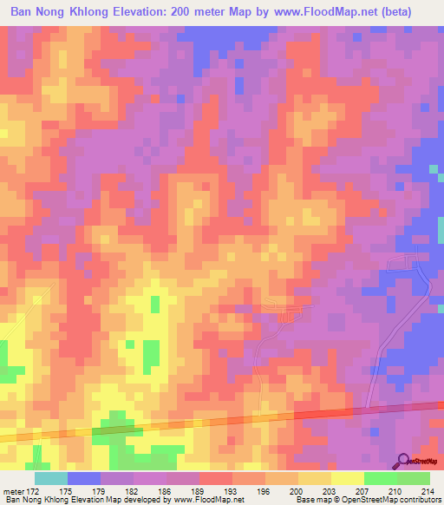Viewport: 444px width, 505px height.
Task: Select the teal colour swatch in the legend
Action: (x=50, y=478)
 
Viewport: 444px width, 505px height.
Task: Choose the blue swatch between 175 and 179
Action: (x=84, y=478)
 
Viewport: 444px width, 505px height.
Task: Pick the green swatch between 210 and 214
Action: (x=414, y=478)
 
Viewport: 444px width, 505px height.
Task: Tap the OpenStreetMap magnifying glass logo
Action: (x=403, y=461)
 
